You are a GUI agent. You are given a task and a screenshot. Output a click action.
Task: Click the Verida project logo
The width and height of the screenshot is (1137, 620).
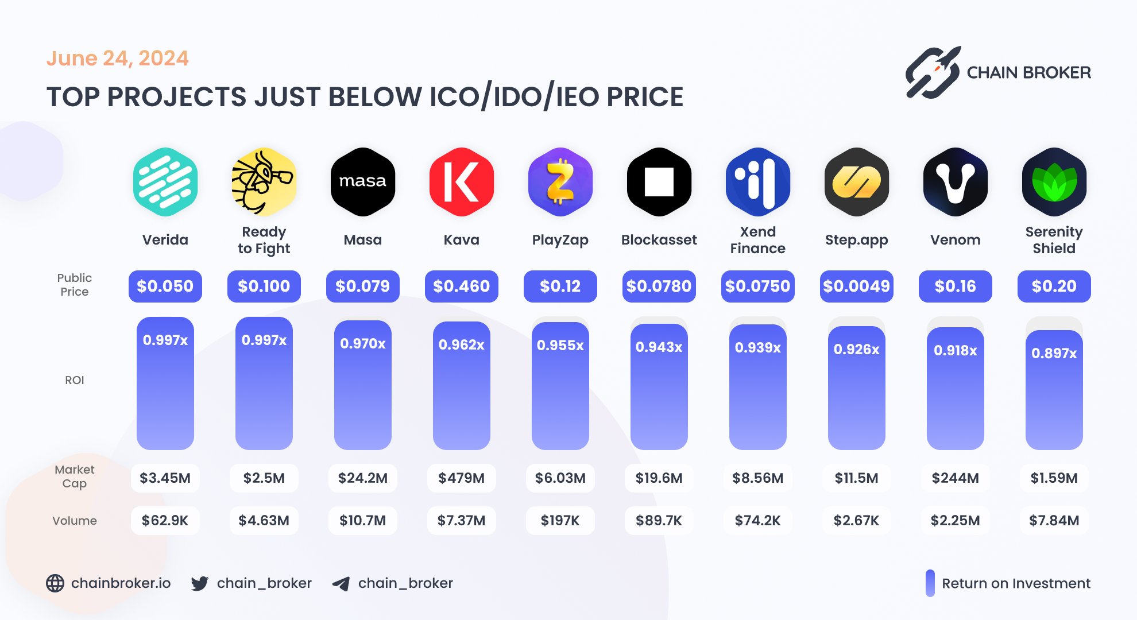pos(165,181)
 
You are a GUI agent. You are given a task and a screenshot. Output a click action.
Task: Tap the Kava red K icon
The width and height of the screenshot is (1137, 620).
pos(461,181)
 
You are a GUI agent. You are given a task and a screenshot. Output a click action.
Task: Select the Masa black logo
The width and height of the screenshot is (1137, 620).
pos(362,181)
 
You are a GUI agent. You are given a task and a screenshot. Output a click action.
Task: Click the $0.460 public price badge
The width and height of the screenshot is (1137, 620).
pos(461,286)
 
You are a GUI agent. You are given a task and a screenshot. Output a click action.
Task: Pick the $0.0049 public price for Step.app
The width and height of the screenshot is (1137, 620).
pos(856,286)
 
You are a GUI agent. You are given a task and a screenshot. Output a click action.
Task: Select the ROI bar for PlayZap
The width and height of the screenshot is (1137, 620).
pos(560,385)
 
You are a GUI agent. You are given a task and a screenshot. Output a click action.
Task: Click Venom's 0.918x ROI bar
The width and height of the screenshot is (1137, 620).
pos(955,388)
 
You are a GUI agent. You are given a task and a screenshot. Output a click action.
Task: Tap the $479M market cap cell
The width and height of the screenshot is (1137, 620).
pos(461,478)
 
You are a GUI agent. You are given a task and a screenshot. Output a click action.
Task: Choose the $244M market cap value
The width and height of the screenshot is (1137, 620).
pos(955,478)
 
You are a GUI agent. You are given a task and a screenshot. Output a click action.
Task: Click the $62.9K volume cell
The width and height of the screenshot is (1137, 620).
pos(165,520)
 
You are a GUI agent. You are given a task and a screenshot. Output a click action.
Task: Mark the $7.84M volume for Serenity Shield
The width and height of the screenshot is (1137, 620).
pos(1054,520)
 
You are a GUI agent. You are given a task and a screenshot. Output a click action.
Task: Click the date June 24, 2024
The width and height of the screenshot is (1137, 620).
pos(117,58)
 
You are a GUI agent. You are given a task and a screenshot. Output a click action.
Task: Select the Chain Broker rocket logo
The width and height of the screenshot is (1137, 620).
pos(933,72)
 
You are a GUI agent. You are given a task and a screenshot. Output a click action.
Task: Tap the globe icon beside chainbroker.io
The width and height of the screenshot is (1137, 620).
pos(55,583)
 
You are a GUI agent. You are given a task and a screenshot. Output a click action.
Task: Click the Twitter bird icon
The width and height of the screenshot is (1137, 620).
pos(200,583)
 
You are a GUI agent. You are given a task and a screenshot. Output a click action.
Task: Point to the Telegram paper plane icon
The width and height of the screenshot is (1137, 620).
pos(341,584)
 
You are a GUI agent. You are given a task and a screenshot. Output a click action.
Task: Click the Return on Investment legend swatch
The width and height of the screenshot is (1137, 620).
pos(930,583)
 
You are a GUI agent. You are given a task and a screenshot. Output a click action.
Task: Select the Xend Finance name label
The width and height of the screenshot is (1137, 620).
pos(757,240)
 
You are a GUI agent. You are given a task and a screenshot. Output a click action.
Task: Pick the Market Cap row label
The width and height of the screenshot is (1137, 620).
pos(75,476)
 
